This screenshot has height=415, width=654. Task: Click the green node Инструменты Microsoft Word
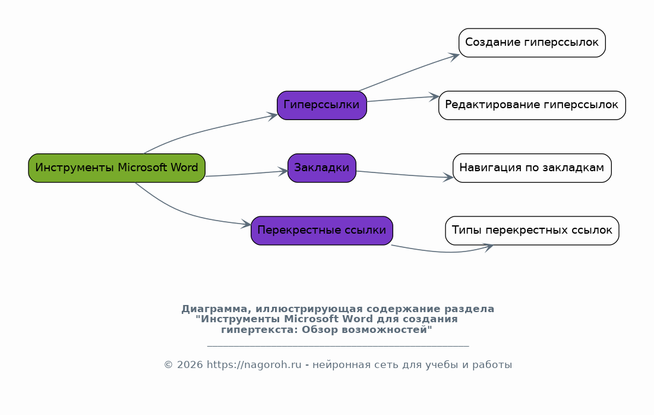click(116, 168)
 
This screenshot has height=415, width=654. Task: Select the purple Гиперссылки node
click(321, 105)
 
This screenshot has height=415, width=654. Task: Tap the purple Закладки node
click(321, 168)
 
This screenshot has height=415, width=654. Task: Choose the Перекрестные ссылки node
click(321, 230)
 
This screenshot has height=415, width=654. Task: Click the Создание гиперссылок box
click(532, 43)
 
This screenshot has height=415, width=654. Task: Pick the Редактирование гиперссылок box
click(532, 105)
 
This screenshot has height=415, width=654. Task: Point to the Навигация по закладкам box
click(532, 168)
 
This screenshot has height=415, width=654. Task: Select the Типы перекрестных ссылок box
click(532, 230)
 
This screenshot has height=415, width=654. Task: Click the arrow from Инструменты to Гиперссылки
click(208, 130)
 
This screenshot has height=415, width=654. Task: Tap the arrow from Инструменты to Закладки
click(247, 174)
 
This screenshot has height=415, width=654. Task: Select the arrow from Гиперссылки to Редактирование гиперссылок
click(404, 98)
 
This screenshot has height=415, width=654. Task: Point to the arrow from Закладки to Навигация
click(404, 175)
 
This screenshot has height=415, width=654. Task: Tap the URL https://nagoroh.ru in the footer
click(254, 365)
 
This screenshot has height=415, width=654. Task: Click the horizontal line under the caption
click(337, 345)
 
